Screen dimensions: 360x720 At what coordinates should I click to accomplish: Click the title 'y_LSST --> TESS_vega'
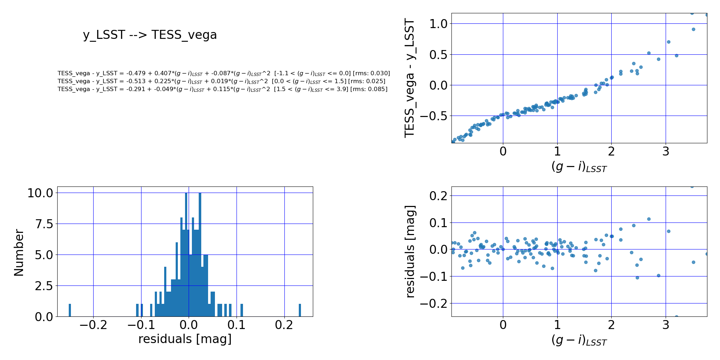click(x=150, y=35)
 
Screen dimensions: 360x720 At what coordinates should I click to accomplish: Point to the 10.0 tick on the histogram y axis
click(x=40, y=193)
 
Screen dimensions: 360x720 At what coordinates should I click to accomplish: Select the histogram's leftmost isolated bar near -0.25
click(x=70, y=310)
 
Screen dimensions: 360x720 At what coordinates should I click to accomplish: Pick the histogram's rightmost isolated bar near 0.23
click(x=300, y=310)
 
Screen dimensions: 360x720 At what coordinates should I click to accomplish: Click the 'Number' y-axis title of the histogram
click(x=19, y=253)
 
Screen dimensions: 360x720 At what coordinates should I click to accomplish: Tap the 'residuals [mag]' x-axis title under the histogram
click(x=185, y=339)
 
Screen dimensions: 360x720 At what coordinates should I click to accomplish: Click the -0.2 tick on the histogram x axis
click(x=93, y=325)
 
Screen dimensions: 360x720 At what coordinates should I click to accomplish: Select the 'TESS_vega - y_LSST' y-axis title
click(x=410, y=78)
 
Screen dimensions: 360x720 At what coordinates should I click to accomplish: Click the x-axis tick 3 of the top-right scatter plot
click(x=666, y=152)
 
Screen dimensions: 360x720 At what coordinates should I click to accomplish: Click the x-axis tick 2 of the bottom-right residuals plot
click(x=611, y=325)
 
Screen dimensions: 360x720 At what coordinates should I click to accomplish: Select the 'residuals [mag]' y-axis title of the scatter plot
click(x=410, y=251)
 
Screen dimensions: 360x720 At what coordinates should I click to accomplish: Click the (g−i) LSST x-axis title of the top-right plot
click(x=579, y=167)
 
